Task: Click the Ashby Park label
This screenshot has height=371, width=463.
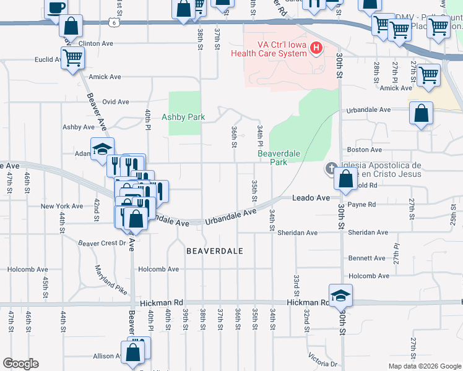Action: tap(183, 116)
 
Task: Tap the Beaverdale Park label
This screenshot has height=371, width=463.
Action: tap(273, 158)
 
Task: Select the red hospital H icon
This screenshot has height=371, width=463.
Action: tap(316, 48)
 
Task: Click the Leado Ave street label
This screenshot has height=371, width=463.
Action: tap(311, 198)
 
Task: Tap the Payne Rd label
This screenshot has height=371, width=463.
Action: tap(362, 204)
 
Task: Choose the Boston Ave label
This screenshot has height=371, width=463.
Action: tap(365, 150)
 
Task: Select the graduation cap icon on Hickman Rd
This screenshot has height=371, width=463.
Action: tap(340, 296)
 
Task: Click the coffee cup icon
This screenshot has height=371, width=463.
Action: tap(56, 7)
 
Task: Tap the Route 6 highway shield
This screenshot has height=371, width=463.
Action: tap(113, 22)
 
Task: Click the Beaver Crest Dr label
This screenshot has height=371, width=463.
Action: tap(102, 243)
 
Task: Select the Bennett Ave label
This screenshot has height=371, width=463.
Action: tap(366, 258)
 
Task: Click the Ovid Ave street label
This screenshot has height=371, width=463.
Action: tap(116, 101)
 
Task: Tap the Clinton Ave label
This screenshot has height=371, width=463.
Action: tap(96, 44)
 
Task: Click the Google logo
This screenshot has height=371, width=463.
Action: tap(20, 364)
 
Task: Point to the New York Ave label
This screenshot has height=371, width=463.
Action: tap(61, 206)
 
